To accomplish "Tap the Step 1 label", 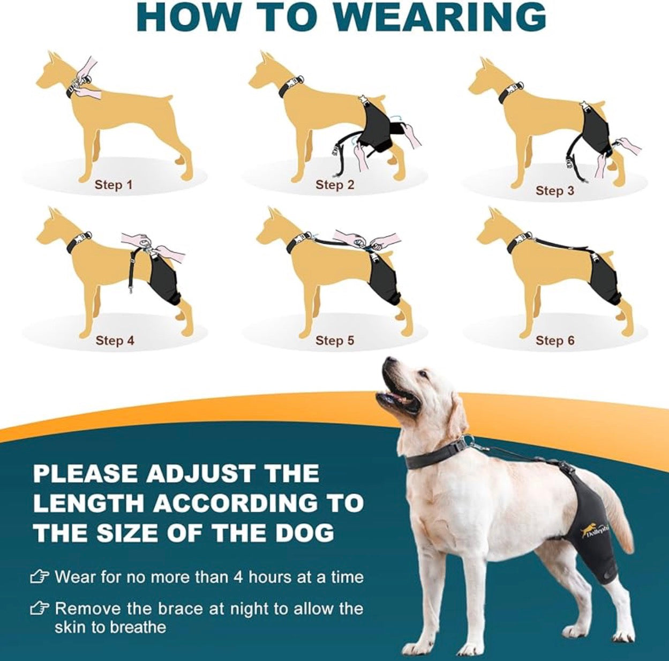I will (x=113, y=185).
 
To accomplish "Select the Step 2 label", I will (x=335, y=185).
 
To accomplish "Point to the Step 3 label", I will (x=554, y=191).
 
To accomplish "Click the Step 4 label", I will (x=115, y=341).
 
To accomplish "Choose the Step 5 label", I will (x=335, y=341).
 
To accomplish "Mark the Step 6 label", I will (x=554, y=341).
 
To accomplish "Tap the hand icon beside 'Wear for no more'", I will (x=40, y=577).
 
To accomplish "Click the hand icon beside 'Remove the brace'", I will (x=40, y=609).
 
